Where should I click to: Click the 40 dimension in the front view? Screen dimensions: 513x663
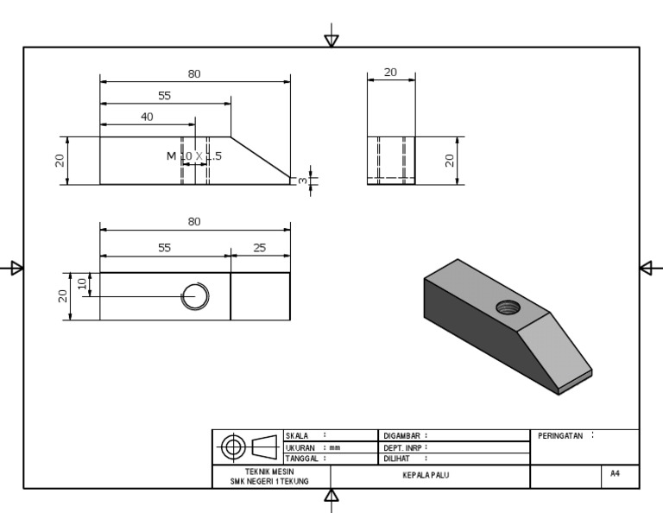(148, 117)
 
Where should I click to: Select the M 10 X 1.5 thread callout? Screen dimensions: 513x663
(194, 155)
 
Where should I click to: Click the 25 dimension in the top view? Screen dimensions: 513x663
(260, 248)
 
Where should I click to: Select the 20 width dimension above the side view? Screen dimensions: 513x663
(390, 73)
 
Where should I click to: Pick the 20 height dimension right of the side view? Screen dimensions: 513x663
(451, 161)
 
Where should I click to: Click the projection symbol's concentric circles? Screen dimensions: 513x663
(233, 447)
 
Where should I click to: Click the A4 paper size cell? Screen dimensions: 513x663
(615, 474)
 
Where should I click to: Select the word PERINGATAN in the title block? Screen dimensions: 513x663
(561, 436)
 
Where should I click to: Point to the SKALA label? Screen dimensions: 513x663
(297, 436)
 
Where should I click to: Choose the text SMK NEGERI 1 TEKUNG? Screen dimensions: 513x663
(269, 481)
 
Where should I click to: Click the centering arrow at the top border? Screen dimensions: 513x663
(331, 40)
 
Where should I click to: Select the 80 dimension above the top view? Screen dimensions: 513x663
(194, 222)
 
